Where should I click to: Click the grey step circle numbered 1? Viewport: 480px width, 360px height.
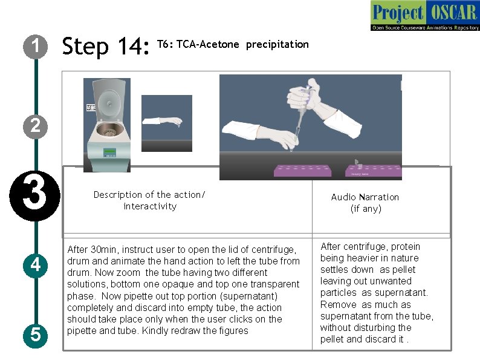35,47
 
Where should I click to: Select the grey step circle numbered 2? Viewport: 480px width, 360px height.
35,126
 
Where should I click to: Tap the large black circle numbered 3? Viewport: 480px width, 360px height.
34,196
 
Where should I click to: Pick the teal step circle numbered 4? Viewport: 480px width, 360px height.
35,266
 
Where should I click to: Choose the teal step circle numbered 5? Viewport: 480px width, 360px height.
35,335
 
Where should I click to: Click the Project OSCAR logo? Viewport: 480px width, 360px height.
425,15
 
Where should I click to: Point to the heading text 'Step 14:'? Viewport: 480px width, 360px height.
106,46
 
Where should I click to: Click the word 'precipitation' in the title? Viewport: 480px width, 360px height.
277,45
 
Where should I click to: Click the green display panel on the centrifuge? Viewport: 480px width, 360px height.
109,152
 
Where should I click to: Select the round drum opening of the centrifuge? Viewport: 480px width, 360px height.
108,129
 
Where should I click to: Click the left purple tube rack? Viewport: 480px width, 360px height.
302,171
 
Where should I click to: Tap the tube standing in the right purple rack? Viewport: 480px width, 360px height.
358,164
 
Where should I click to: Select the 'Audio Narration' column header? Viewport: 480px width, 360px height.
365,197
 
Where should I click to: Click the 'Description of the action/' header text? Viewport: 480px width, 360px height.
149,195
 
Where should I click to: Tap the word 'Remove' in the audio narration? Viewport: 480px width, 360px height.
339,304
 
